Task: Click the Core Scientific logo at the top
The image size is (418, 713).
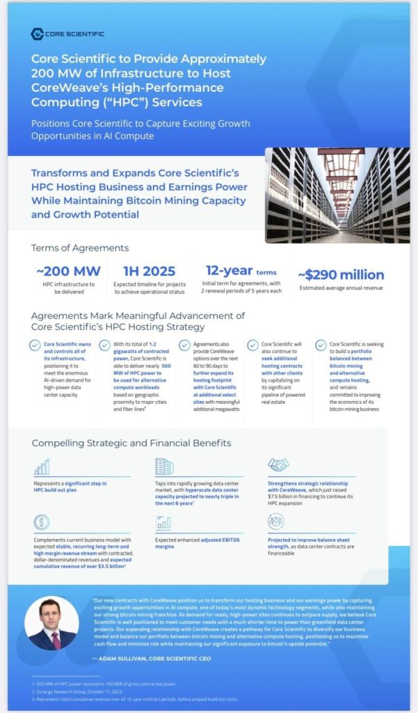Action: pyautogui.click(x=67, y=33)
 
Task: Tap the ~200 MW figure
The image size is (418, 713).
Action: pyautogui.click(x=68, y=272)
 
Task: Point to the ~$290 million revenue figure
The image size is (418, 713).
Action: pyautogui.click(x=341, y=274)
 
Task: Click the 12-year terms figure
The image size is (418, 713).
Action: pyautogui.click(x=236, y=270)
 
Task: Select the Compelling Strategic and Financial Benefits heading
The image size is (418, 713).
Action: pyautogui.click(x=131, y=443)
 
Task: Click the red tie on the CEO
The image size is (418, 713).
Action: pyautogui.click(x=56, y=638)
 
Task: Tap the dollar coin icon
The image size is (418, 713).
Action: pyautogui.click(x=41, y=522)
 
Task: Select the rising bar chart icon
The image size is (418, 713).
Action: pyautogui.click(x=42, y=467)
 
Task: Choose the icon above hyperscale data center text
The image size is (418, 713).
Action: pyautogui.click(x=164, y=466)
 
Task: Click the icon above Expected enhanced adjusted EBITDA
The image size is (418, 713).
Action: pyautogui.click(x=163, y=523)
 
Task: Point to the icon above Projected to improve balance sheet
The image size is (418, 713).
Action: pyautogui.click(x=276, y=522)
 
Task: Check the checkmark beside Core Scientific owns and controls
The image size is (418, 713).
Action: pyautogui.click(x=35, y=345)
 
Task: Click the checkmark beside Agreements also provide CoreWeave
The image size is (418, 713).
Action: pyautogui.click(x=184, y=345)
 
